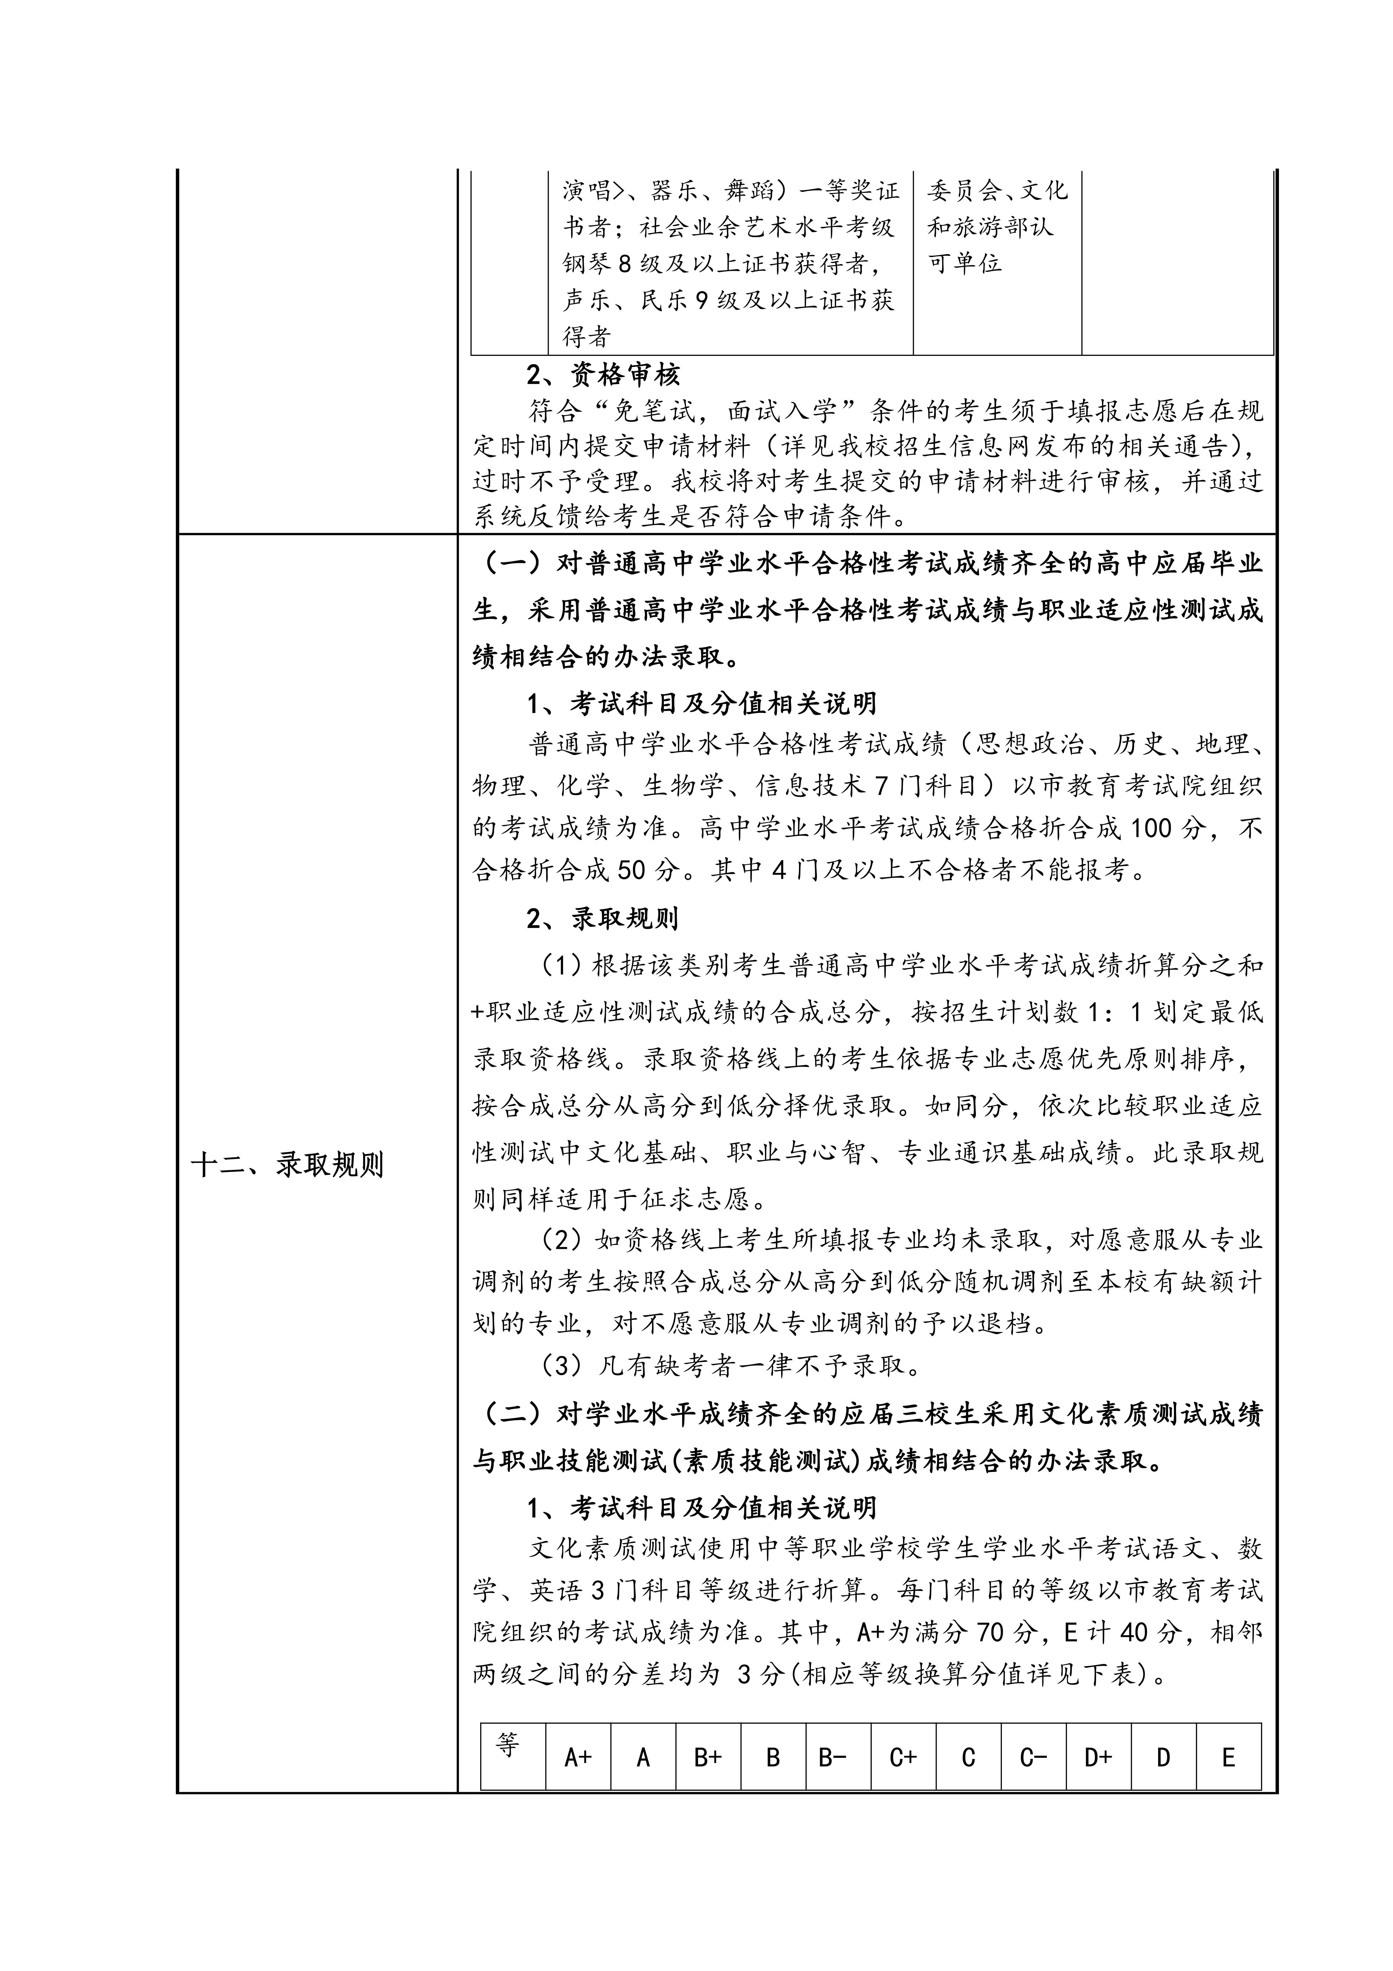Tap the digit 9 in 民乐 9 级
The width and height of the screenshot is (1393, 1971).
tap(701, 300)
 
